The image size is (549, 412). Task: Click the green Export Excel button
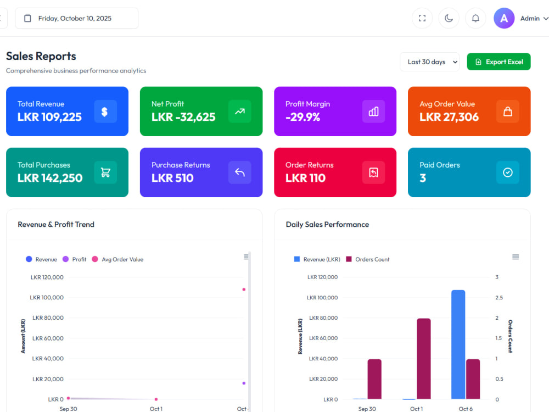[498, 62]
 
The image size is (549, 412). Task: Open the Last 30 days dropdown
[430, 62]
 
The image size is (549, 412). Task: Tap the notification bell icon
[475, 18]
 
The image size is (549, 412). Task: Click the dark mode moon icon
[449, 18]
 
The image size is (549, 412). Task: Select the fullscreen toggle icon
[422, 18]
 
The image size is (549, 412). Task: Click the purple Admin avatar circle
[504, 18]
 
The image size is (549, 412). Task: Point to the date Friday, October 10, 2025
[75, 18]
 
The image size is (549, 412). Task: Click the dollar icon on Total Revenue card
[105, 112]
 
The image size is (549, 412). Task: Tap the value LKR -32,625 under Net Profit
[183, 117]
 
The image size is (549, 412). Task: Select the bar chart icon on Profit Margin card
[373, 112]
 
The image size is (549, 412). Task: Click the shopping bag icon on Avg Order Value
[508, 112]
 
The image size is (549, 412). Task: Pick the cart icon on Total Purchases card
[105, 172]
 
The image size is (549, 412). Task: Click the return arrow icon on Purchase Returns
[240, 172]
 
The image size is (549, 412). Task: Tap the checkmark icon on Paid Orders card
[508, 172]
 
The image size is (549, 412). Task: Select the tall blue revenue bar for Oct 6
[458, 344]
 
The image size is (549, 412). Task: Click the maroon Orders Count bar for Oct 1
[424, 359]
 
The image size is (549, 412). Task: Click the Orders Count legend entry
[368, 259]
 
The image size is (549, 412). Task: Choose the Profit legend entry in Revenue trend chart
[74, 259]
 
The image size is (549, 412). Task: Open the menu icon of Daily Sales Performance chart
[516, 257]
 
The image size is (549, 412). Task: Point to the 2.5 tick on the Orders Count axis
[499, 297]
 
